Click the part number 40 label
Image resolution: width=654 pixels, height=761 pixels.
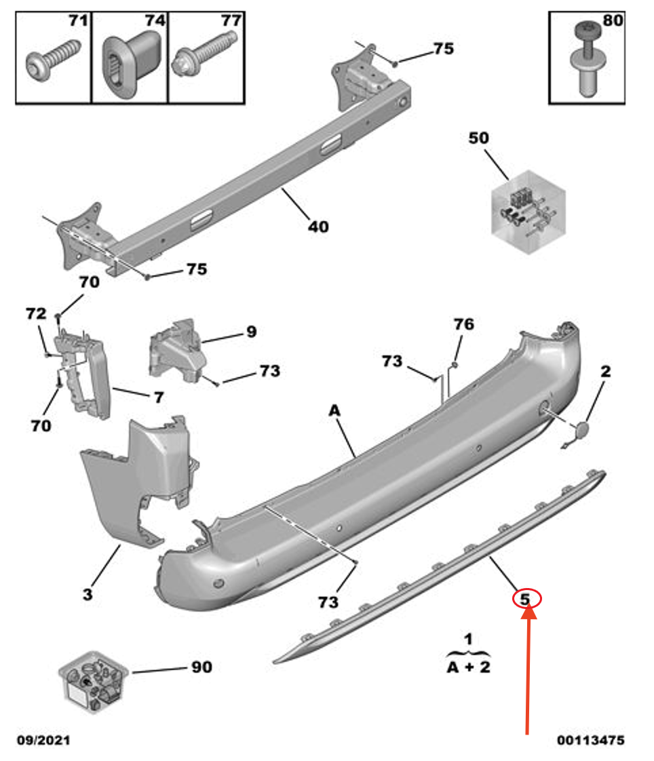tap(318, 227)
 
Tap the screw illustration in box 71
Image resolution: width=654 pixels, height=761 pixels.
tap(50, 62)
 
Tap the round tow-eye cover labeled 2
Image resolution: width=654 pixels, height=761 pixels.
tap(581, 432)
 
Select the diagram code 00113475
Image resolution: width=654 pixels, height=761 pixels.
tap(590, 740)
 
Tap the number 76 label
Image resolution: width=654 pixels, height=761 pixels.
tap(463, 325)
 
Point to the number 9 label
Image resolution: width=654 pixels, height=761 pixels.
tap(251, 332)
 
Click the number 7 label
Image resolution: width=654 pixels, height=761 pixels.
tap(158, 397)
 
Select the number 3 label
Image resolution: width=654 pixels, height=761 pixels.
tap(88, 595)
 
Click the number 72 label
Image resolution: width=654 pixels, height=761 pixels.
tap(36, 314)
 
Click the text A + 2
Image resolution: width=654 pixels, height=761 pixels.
tap(468, 667)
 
